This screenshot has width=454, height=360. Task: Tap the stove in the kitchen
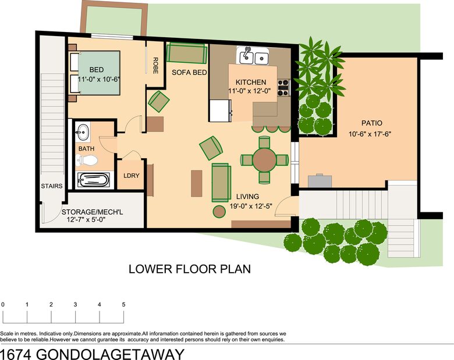pos(283,88)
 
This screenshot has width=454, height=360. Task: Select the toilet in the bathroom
pos(86,161)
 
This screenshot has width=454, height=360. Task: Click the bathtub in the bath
pos(93,180)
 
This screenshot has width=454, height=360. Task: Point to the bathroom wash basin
pos(83,133)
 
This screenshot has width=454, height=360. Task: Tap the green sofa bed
pos(187,53)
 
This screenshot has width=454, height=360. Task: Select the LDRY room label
pos(132,176)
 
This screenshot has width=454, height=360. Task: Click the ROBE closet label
pos(155,65)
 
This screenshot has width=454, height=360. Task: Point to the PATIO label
pos(372,123)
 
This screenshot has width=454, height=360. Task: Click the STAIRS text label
pos(52,186)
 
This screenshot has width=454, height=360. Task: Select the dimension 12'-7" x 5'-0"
pos(86,220)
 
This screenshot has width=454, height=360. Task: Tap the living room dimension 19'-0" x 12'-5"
pos(251,206)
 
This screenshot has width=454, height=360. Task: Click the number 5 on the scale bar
pos(123,304)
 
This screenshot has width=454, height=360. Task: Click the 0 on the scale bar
pos(2,304)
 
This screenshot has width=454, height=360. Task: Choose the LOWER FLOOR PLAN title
pos(190,269)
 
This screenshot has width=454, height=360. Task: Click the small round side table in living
pos(219,211)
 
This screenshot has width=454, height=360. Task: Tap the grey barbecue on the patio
pos(320,180)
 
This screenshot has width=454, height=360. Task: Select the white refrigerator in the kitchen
pos(221,111)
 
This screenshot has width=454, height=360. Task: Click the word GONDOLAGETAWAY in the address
pos(111,354)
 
